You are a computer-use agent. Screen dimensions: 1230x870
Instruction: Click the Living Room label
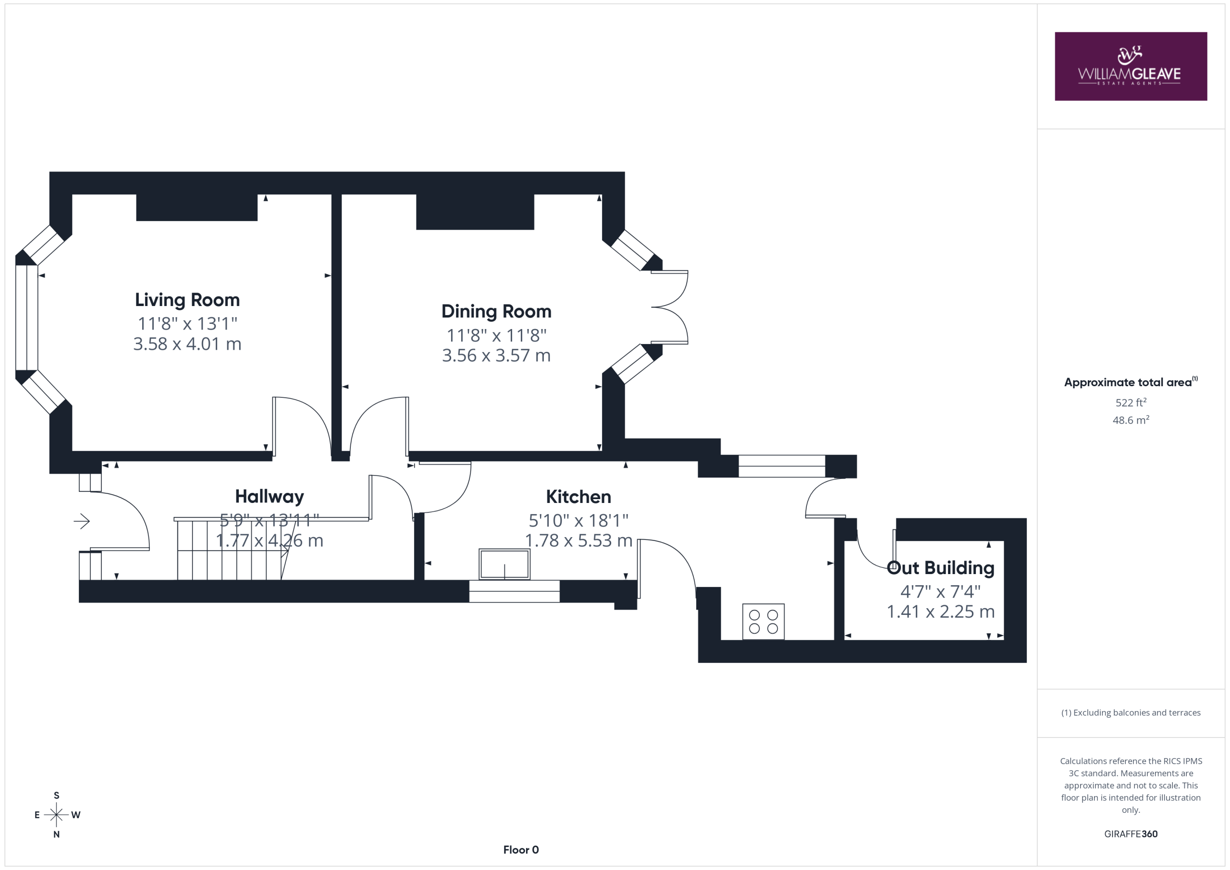pyautogui.click(x=187, y=299)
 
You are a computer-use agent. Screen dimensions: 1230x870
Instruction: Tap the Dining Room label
pyautogui.click(x=496, y=311)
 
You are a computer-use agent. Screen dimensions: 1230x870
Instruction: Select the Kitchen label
pyautogui.click(x=578, y=497)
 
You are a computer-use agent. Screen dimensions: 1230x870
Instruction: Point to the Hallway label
pyautogui.click(x=270, y=497)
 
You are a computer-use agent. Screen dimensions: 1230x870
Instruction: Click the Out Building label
pyautogui.click(x=940, y=568)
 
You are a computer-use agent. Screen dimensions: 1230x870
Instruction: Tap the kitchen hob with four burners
pyautogui.click(x=763, y=622)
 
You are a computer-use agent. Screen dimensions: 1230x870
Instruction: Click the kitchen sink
pyautogui.click(x=504, y=564)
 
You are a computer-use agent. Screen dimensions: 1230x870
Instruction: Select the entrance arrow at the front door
pyautogui.click(x=81, y=521)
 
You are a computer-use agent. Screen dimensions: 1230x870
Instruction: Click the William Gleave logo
pyautogui.click(x=1131, y=66)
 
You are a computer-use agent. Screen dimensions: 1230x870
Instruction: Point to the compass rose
pyautogui.click(x=56, y=815)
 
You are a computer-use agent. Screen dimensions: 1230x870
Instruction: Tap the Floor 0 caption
pyautogui.click(x=521, y=850)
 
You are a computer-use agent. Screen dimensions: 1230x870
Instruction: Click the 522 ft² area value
pyautogui.click(x=1131, y=402)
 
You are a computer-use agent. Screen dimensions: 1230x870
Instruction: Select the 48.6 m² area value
pyautogui.click(x=1131, y=420)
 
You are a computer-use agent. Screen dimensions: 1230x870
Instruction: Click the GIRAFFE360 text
pyautogui.click(x=1131, y=834)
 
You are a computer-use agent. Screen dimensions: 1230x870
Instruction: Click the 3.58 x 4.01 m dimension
pyautogui.click(x=187, y=344)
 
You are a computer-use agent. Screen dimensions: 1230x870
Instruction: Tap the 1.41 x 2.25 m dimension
pyautogui.click(x=940, y=612)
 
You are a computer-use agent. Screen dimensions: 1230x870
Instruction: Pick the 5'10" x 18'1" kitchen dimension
pyautogui.click(x=578, y=520)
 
